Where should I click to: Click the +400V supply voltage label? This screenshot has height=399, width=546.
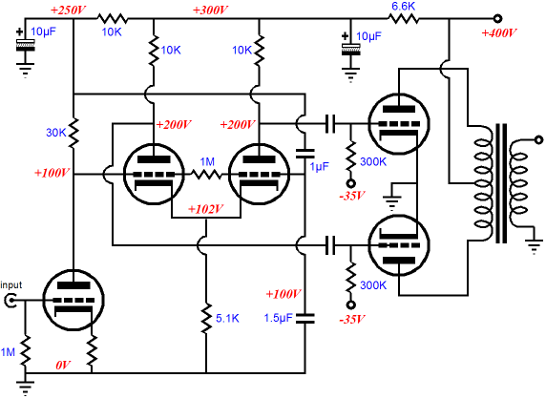(x=498, y=33)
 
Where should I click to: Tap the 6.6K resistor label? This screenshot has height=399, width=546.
(x=404, y=6)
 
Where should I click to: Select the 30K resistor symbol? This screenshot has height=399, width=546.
(x=73, y=133)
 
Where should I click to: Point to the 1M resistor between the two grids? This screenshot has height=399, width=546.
(x=206, y=174)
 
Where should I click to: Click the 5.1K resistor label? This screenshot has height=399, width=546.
(x=227, y=318)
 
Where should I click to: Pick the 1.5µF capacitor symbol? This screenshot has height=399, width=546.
(x=305, y=319)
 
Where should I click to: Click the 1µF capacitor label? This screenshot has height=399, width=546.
(x=320, y=167)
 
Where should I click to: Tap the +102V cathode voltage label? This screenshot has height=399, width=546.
(x=205, y=209)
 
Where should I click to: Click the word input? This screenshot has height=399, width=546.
(x=11, y=285)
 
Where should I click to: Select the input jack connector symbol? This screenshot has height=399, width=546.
(x=10, y=300)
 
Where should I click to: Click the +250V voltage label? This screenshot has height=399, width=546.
(x=68, y=10)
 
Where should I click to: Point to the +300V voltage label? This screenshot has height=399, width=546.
(x=210, y=10)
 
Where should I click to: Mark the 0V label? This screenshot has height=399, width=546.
(x=63, y=365)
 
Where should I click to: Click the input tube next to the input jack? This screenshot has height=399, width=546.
(x=73, y=300)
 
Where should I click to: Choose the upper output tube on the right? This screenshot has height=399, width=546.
(x=399, y=123)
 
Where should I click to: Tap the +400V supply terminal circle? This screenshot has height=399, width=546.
(x=497, y=19)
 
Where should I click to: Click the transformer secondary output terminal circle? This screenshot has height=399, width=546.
(x=538, y=140)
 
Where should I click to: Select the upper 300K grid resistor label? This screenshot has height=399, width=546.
(x=373, y=161)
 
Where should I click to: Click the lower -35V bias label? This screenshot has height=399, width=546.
(x=351, y=319)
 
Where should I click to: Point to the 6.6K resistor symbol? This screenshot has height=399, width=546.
(x=404, y=19)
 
